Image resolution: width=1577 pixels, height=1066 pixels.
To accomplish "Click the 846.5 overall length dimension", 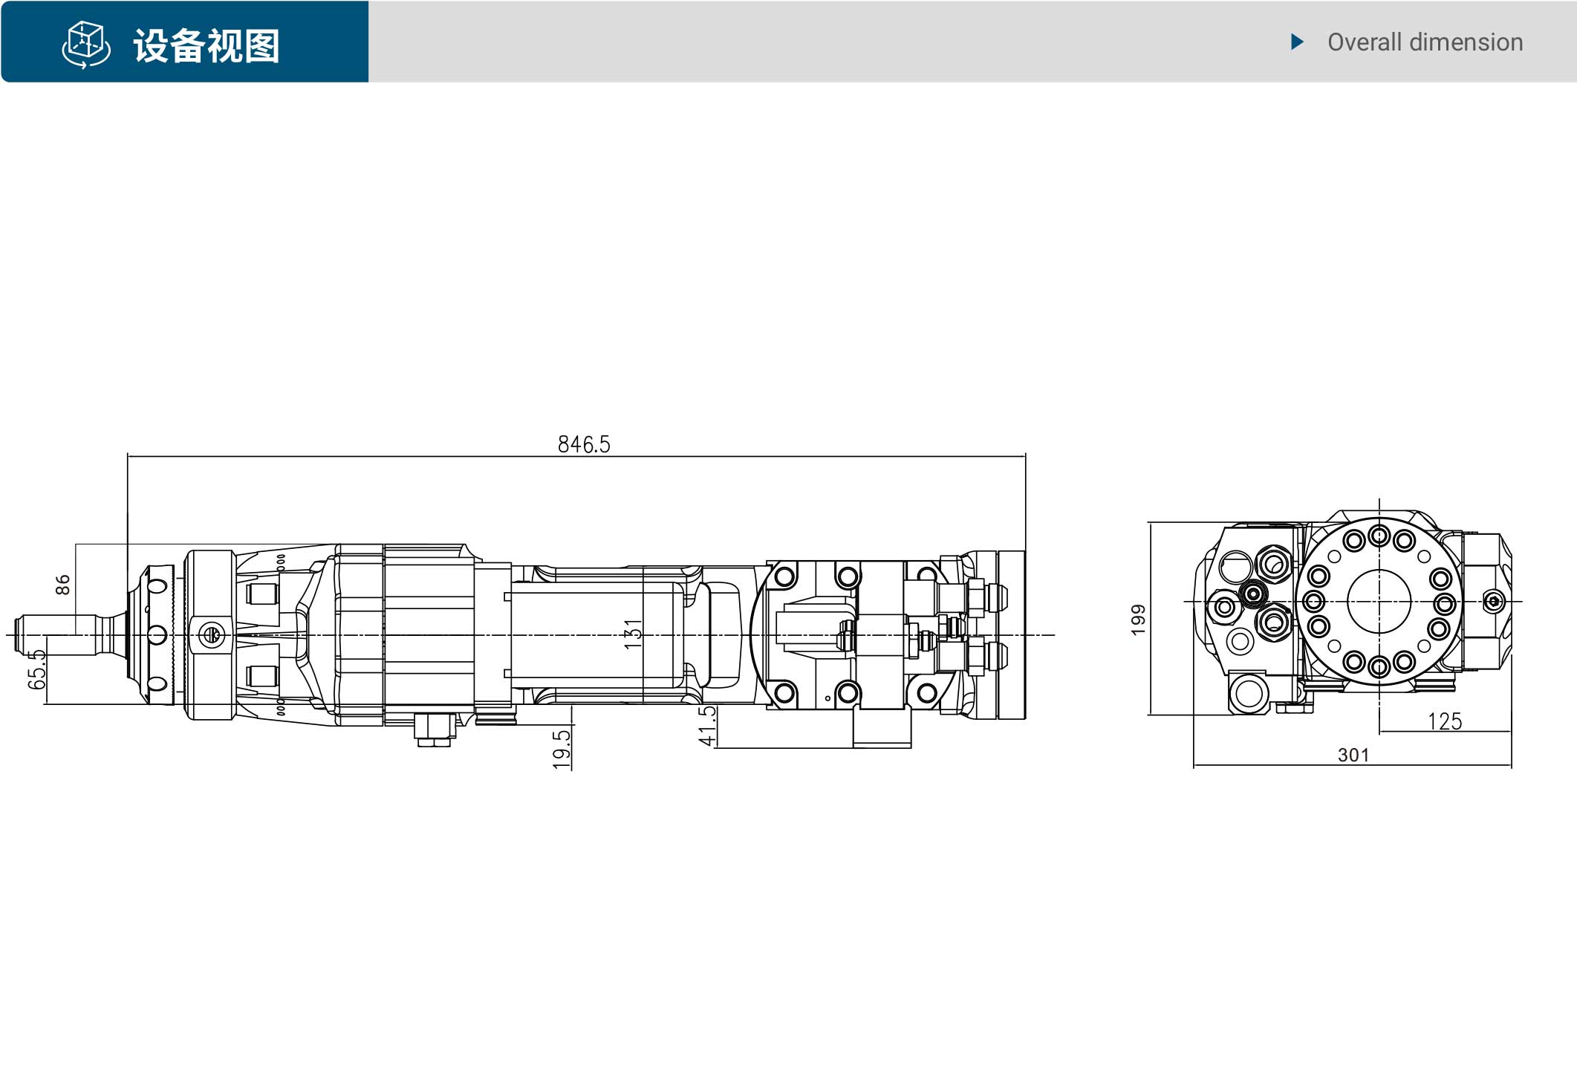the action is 584,444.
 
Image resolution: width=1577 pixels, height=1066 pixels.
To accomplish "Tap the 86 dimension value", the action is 63,585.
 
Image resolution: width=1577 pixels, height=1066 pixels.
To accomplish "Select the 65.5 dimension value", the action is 36,669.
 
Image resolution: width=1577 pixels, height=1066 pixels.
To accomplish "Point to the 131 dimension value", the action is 633,634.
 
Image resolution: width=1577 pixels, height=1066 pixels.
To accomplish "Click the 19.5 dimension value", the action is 562,749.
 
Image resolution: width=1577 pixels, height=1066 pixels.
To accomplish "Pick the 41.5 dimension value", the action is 708,726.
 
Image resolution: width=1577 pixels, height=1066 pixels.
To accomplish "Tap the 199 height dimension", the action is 1139,620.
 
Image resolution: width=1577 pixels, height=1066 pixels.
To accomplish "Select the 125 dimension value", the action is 1445,721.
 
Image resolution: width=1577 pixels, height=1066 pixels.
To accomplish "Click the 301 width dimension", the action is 1353,755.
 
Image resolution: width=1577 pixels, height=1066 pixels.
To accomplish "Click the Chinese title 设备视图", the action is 207,46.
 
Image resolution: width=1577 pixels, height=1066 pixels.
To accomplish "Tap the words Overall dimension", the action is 1425,42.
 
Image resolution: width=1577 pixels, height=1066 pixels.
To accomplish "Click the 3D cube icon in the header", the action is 86,45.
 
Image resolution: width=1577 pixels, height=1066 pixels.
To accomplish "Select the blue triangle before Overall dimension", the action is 1298,42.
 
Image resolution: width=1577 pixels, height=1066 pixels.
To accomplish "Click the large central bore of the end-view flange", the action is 1379,602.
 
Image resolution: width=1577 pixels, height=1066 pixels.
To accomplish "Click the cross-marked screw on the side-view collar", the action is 211,635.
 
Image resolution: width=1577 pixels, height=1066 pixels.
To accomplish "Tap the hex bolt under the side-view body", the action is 435,729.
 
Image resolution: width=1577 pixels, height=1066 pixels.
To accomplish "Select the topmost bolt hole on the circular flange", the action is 1379,535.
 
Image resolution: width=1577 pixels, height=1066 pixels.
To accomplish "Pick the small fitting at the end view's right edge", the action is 1493,601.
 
